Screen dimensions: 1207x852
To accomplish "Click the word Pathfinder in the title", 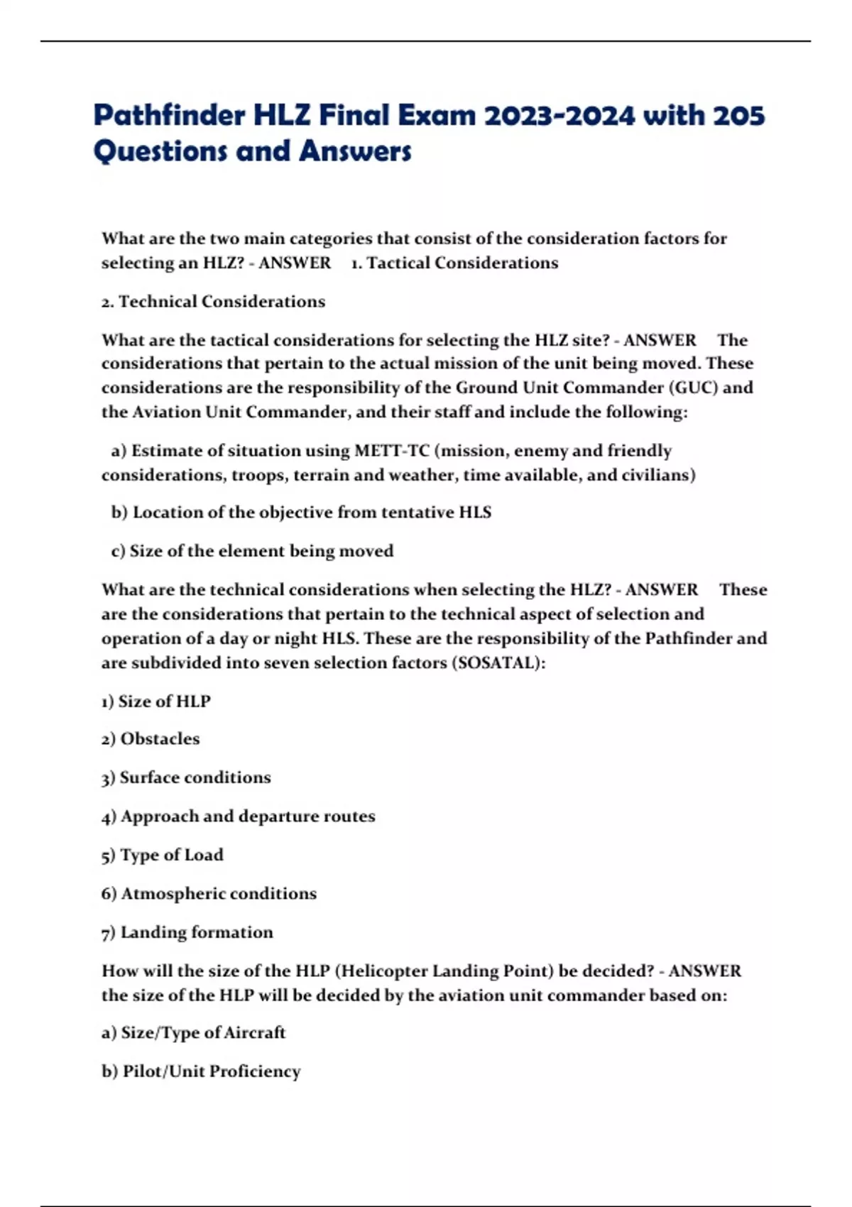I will pyautogui.click(x=169, y=115).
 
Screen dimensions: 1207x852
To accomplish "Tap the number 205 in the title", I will pyautogui.click(x=738, y=115).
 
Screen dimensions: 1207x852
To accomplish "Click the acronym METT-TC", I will pyautogui.click(x=392, y=451).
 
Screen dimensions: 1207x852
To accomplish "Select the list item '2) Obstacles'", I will pyautogui.click(x=151, y=739).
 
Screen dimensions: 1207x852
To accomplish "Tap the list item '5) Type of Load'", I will pyautogui.click(x=162, y=855).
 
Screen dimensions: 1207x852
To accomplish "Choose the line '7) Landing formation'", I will pyautogui.click(x=187, y=932).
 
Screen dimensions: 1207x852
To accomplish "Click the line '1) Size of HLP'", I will pyautogui.click(x=155, y=701).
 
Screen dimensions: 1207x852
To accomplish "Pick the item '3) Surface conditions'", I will pyautogui.click(x=186, y=777).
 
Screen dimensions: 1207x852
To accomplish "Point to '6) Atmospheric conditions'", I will pyautogui.click(x=209, y=894).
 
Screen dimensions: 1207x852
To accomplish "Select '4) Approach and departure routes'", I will pyautogui.click(x=238, y=816).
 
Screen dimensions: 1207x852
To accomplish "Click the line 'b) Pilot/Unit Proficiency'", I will pyautogui.click(x=201, y=1071).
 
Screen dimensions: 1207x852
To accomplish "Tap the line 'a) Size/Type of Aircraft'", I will pyautogui.click(x=193, y=1032).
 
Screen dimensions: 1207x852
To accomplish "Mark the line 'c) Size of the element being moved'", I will pyautogui.click(x=252, y=551).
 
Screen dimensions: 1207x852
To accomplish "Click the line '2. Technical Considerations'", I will pyautogui.click(x=213, y=302).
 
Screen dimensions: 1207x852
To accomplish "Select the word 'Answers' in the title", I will pyautogui.click(x=355, y=151).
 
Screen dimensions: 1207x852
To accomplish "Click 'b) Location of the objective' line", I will pyautogui.click(x=301, y=513).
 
